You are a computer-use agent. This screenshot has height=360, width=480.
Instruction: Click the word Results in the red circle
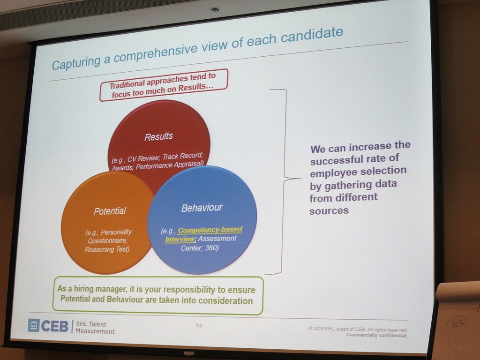[158, 136]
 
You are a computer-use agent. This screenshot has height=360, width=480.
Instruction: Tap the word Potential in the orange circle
[110, 211]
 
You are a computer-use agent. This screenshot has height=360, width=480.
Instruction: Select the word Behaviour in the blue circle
[202, 207]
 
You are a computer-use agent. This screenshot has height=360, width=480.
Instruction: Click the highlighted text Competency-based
[210, 230]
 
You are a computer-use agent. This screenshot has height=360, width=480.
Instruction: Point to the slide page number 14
[199, 326]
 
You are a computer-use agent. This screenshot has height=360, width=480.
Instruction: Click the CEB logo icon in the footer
[34, 325]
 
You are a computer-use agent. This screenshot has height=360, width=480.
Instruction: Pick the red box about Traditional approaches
[163, 85]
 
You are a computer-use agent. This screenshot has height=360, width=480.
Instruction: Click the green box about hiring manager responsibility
[157, 295]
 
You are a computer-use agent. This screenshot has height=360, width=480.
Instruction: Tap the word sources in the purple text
[329, 210]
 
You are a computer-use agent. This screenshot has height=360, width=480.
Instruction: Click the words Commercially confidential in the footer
[376, 335]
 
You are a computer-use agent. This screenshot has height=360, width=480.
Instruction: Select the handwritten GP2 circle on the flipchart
[457, 322]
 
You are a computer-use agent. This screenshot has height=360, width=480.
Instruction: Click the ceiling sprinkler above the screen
[215, 9]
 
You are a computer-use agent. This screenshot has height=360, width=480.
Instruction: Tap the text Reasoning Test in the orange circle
[107, 249]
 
